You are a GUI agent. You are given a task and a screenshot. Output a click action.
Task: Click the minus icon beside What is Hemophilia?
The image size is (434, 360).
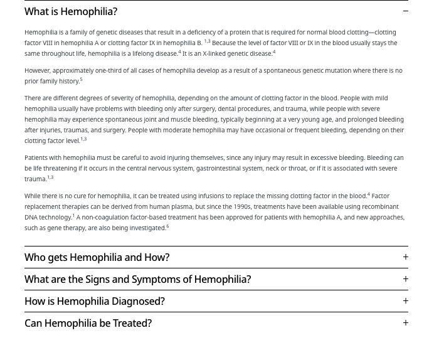(x=405, y=11)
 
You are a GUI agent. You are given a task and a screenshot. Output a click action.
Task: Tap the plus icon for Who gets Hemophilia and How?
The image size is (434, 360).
(x=405, y=257)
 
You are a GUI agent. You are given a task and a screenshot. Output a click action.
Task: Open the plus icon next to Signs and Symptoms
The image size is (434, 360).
(x=405, y=279)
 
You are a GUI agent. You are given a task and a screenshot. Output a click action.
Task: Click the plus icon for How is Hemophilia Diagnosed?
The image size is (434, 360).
(x=405, y=301)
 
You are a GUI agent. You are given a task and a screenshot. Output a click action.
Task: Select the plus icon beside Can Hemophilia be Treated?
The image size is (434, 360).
(x=405, y=323)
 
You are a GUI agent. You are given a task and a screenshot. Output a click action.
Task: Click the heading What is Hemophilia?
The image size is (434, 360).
(x=71, y=11)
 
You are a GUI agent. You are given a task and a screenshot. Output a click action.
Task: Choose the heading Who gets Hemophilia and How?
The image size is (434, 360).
(x=97, y=257)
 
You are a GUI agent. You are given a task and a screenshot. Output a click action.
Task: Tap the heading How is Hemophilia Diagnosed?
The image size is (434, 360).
(x=95, y=301)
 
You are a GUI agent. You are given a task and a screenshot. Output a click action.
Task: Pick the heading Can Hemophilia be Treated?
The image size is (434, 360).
(x=88, y=323)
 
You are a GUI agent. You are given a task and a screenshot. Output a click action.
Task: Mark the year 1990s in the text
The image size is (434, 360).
(x=242, y=207)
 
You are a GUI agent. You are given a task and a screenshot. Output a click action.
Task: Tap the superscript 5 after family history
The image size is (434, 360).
(x=82, y=80)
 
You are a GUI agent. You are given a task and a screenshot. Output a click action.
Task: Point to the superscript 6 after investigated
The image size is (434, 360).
(x=167, y=226)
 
